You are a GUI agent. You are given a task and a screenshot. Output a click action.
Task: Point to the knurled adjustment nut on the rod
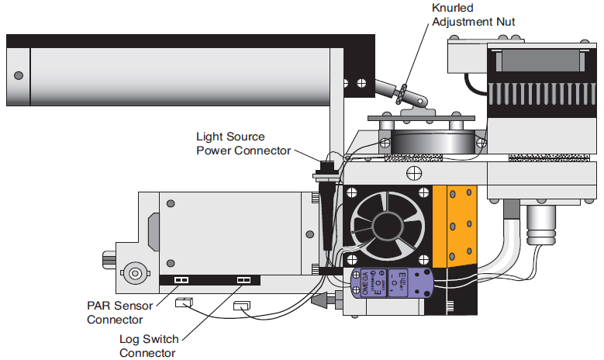401,94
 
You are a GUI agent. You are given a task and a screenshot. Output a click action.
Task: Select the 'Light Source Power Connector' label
243,144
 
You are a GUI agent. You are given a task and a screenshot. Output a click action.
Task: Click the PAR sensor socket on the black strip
181,280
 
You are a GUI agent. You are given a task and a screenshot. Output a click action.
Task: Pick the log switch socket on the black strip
243,280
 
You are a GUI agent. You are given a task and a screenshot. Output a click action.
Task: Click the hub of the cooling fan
385,226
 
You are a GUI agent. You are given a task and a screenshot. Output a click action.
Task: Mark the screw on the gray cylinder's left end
19,75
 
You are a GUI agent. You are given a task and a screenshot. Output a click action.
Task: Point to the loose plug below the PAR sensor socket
184,303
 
